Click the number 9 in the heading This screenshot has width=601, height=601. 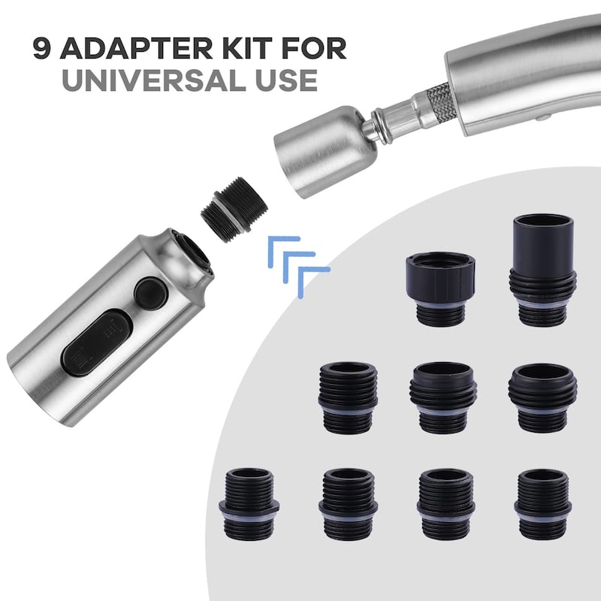41,48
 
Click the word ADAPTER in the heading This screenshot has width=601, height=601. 137,48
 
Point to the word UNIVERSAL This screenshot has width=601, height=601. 153,80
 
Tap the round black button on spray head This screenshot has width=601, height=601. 151,294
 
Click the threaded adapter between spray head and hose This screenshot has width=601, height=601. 234,210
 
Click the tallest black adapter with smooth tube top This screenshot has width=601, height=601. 542,270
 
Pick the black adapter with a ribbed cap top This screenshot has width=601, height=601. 440,289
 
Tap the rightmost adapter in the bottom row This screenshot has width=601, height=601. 542,503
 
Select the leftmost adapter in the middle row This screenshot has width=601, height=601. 349,398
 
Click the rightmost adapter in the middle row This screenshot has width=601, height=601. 542,398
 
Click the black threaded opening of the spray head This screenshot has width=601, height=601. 196,254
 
